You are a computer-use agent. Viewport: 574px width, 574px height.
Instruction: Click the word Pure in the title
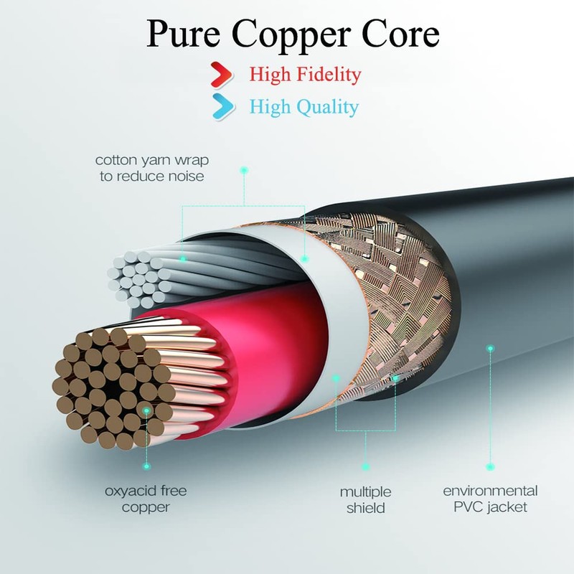pos(184,34)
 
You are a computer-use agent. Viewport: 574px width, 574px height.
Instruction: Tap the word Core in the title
pos(400,34)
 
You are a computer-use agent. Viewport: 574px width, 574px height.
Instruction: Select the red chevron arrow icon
pos(222,75)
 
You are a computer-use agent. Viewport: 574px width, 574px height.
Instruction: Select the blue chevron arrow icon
pos(223,106)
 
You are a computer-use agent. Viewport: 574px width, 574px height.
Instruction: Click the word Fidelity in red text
pos(329,75)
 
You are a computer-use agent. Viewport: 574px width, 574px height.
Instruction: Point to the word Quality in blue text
pos(327,108)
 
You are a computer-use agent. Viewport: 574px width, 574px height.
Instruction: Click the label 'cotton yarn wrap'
pos(152,161)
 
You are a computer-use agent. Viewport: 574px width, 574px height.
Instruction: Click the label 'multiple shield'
pos(365,499)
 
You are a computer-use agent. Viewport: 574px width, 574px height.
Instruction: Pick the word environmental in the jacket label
pos(490,491)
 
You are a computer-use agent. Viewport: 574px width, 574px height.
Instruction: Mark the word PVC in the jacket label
pos(469,507)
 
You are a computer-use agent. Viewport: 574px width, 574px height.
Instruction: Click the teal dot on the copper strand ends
pos(146,410)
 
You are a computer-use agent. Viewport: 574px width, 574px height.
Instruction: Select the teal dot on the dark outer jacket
pos(491,349)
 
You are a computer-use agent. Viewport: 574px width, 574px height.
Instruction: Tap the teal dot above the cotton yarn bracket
pos(244,170)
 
